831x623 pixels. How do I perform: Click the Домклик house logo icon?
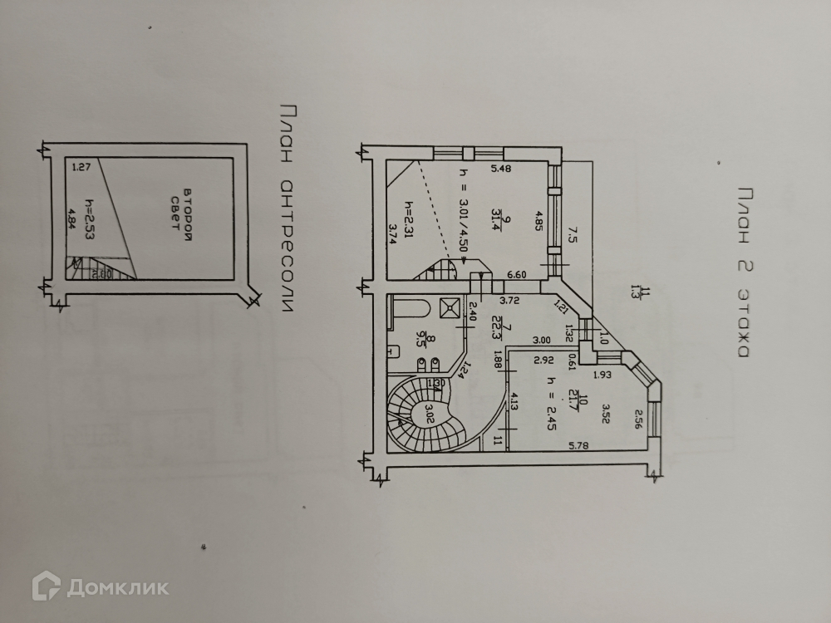[x=47, y=587]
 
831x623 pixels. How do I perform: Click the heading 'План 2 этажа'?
[x=741, y=269]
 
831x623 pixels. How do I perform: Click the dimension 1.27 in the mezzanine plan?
[x=81, y=167]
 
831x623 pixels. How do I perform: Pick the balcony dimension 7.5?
[x=572, y=234]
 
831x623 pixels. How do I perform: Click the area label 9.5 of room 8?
[x=421, y=339]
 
